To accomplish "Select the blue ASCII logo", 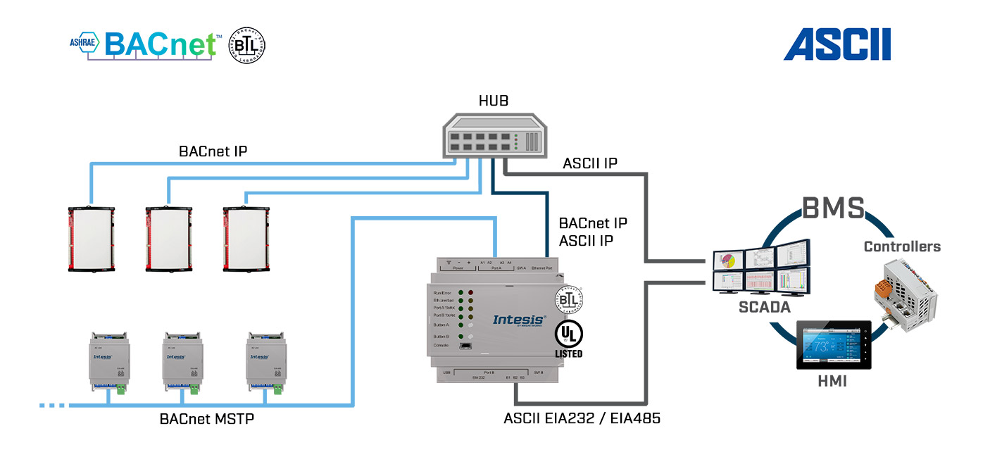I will pyautogui.click(x=837, y=44).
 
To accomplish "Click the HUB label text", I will pyautogui.click(x=494, y=101).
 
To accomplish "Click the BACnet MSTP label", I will pyautogui.click(x=206, y=419).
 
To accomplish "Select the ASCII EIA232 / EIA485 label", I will pyautogui.click(x=582, y=418).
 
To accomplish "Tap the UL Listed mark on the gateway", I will pyautogui.click(x=568, y=339).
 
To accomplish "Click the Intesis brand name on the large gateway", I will pyautogui.click(x=519, y=320).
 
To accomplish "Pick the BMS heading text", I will pyautogui.click(x=833, y=209).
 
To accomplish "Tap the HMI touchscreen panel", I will pyautogui.click(x=833, y=346).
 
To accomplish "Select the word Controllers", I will pyautogui.click(x=902, y=246).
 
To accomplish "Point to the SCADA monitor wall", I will pyautogui.click(x=760, y=268).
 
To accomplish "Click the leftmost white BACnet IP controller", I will pyautogui.click(x=91, y=239).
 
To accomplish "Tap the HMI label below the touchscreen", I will pyautogui.click(x=832, y=382).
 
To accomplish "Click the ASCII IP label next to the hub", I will pyautogui.click(x=590, y=163).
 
